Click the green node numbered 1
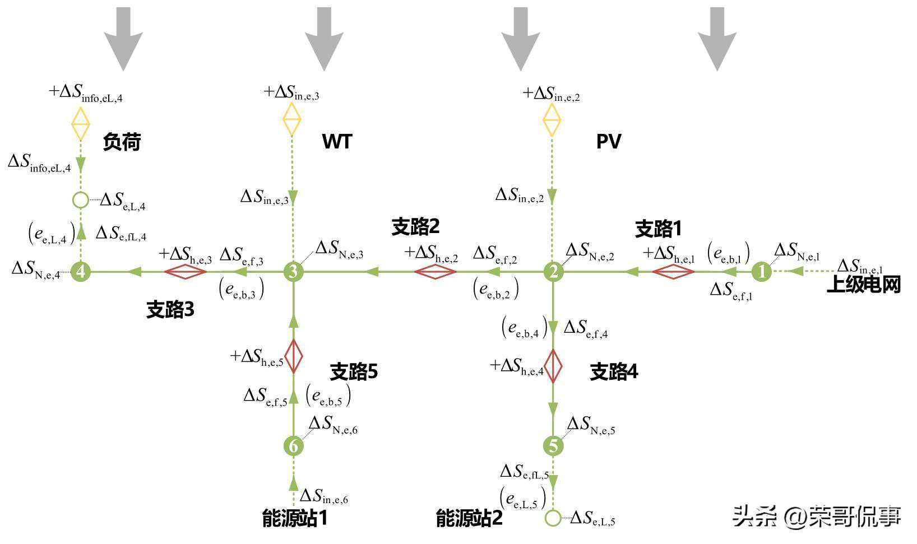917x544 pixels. click(761, 272)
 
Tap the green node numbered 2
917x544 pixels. click(554, 272)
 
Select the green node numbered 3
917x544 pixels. click(293, 272)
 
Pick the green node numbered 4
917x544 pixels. click(81, 272)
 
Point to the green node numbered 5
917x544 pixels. click(553, 446)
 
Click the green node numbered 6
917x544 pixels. click(293, 446)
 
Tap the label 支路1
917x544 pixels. click(658, 229)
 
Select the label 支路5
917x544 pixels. click(354, 371)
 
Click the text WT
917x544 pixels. click(337, 142)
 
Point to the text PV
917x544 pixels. click(608, 142)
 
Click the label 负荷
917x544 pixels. click(122, 142)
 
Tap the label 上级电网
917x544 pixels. click(864, 285)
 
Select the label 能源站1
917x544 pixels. click(295, 518)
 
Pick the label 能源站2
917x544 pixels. click(470, 518)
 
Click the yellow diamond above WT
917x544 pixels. click(292, 119)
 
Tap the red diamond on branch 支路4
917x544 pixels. click(553, 366)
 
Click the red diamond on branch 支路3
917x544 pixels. click(186, 272)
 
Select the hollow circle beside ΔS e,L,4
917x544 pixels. click(81, 199)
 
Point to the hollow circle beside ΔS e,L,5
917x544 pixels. click(553, 518)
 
